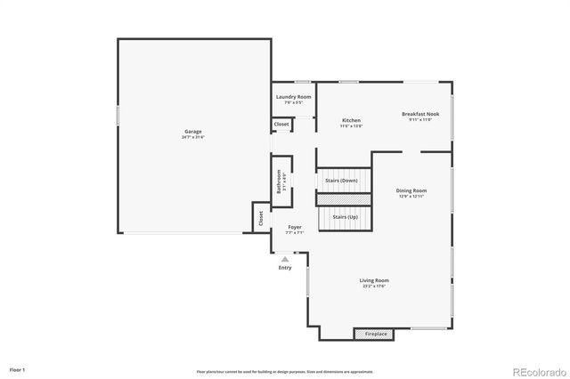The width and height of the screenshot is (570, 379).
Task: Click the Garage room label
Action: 192,132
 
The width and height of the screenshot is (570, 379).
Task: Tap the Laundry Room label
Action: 293,96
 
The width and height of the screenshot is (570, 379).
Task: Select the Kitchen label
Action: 351,120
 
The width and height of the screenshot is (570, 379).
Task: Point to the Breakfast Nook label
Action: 419,114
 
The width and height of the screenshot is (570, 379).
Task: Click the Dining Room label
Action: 411,190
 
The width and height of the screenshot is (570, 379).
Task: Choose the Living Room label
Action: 374,280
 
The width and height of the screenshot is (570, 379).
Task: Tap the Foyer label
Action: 294,227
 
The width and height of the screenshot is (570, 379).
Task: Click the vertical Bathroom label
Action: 280,181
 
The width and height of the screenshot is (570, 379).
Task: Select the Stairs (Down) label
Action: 342,181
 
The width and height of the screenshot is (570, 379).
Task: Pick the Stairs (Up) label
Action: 345,217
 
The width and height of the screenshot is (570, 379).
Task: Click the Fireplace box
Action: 376,334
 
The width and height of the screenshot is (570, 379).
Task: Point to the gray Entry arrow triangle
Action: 285,259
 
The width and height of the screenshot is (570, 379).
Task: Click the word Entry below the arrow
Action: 285,268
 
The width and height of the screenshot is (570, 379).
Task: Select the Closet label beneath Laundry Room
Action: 281,125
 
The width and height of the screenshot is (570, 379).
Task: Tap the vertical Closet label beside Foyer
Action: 261,218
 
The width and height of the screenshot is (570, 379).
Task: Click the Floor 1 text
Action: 18,368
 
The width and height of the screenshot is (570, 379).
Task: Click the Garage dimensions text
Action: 192,137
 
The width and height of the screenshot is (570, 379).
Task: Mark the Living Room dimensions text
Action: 374,286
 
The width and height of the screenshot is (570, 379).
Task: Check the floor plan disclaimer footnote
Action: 285,372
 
